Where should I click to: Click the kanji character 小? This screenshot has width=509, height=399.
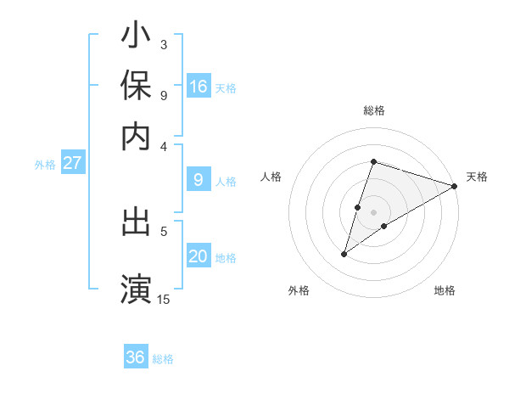pyautogui.click(x=137, y=37)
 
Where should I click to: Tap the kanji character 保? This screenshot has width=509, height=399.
pyautogui.click(x=137, y=87)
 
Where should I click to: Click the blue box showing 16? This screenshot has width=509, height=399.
pyautogui.click(x=199, y=86)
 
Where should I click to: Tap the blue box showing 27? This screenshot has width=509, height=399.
pyautogui.click(x=72, y=163)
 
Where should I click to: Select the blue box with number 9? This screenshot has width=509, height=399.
pyautogui.click(x=199, y=179)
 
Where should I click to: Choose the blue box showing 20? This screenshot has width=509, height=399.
pyautogui.click(x=199, y=256)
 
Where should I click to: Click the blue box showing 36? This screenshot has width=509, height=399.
pyautogui.click(x=136, y=357)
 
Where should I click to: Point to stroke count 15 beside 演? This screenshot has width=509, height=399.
pyautogui.click(x=164, y=299)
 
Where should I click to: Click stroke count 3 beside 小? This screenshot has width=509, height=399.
pyautogui.click(x=163, y=44)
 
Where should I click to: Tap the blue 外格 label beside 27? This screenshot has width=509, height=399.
pyautogui.click(x=45, y=165)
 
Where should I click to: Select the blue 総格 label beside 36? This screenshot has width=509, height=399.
pyautogui.click(x=163, y=359)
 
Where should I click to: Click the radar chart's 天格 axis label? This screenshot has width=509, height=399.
pyautogui.click(x=478, y=177)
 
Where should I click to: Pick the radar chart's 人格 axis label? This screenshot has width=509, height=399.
pyautogui.click(x=271, y=177)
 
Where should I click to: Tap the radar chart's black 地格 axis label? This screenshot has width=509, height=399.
pyautogui.click(x=445, y=290)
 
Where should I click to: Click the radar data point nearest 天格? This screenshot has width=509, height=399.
pyautogui.click(x=455, y=186)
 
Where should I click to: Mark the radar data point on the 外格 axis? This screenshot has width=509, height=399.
pyautogui.click(x=344, y=254)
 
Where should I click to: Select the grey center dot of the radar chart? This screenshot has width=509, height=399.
pyautogui.click(x=374, y=212)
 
